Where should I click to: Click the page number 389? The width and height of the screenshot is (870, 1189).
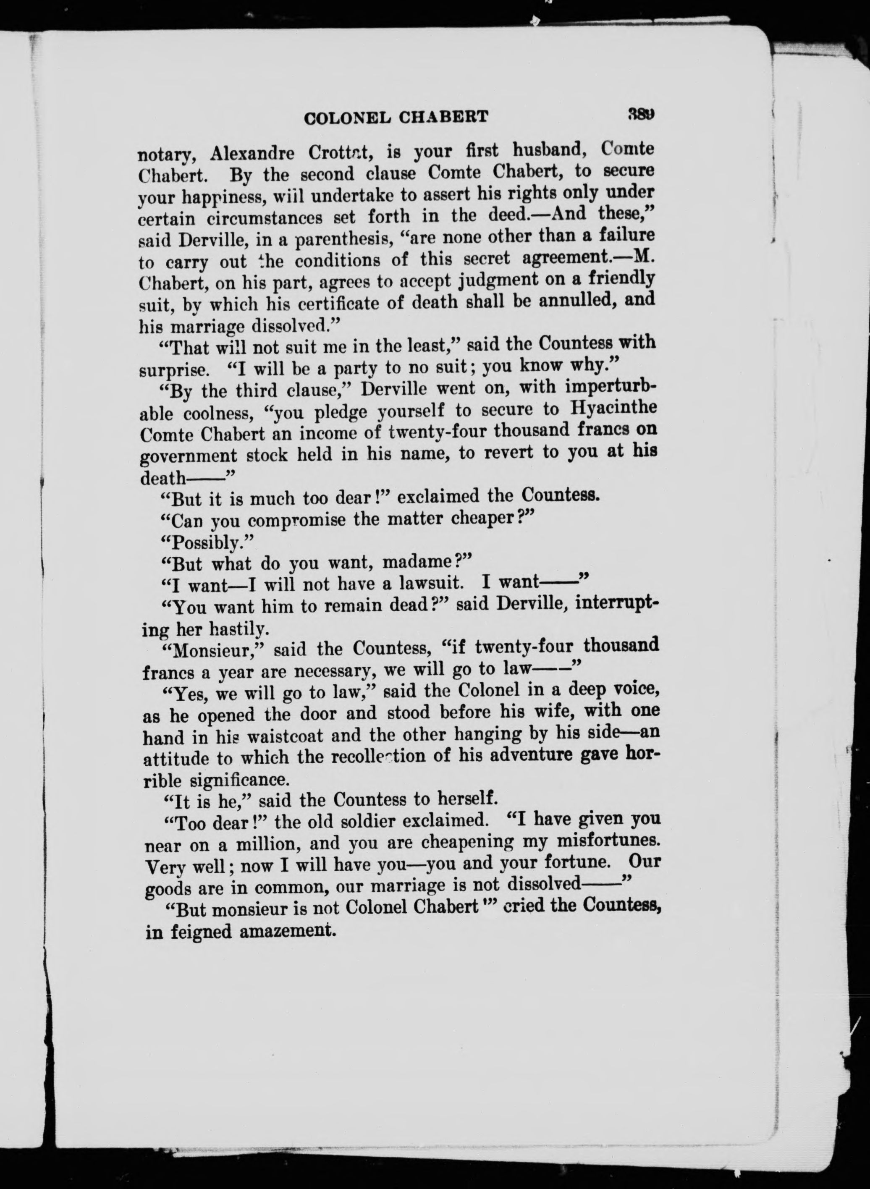[640, 114]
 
